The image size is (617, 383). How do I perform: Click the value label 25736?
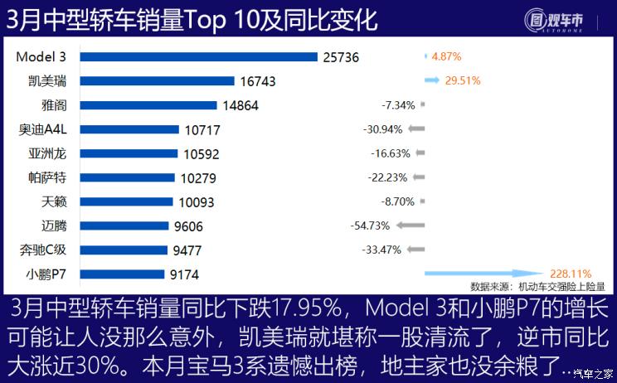coord(340,57)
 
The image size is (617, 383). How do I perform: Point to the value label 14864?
coord(241,105)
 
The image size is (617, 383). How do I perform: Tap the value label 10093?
coord(197,201)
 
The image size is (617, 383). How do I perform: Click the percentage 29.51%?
coord(463,81)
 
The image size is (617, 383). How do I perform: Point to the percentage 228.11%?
coord(570,273)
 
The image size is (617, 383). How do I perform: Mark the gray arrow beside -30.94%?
coord(416,129)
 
